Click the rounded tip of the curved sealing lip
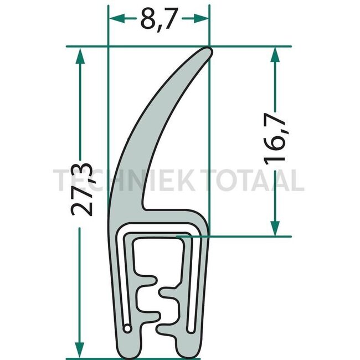[206, 52]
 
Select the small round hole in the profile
[128, 329]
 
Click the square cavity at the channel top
[157, 252]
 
